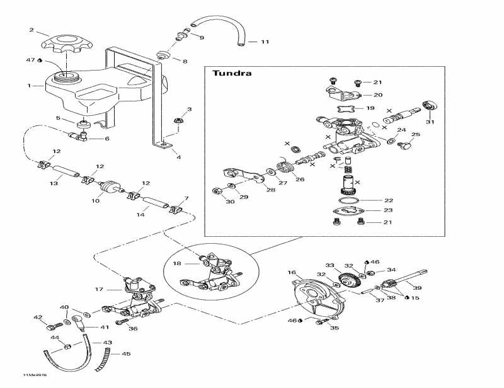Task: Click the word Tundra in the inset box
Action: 232,73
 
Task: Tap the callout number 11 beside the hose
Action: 264,42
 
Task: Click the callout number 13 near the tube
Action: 54,184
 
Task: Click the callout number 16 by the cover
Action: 292,273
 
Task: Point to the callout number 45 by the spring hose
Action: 125,354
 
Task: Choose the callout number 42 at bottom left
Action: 38,317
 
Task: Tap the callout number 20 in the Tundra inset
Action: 377,96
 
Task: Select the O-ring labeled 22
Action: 347,200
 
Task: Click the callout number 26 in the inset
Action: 299,180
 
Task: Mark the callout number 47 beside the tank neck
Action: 30,60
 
